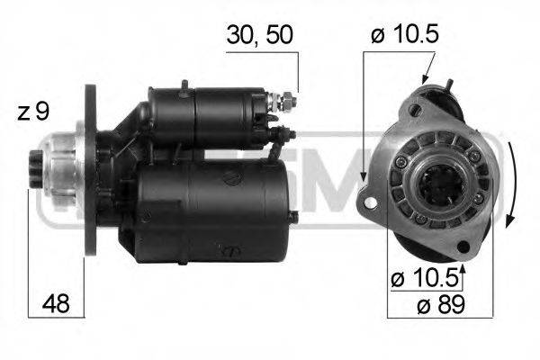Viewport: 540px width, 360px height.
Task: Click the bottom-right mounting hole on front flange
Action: (463, 245)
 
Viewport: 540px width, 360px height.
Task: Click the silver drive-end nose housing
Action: (58, 171)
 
